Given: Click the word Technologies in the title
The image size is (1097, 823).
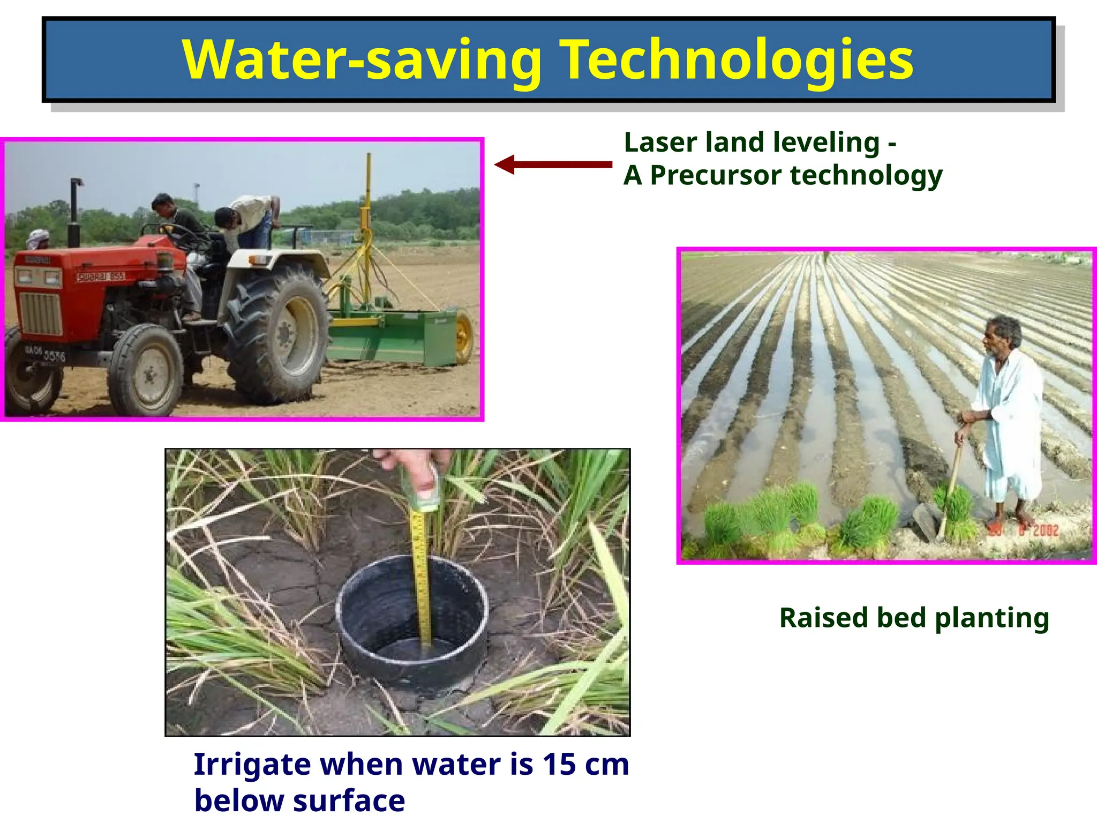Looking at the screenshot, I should tap(736, 60).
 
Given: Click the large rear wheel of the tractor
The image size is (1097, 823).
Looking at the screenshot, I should tap(277, 334).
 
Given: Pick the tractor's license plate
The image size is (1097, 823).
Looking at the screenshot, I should tap(46, 353).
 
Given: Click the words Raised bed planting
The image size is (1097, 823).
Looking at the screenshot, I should tap(914, 618).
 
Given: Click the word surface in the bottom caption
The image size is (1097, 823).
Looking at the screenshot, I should tap(349, 800).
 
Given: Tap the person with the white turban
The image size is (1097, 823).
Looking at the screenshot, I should tap(39, 239).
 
